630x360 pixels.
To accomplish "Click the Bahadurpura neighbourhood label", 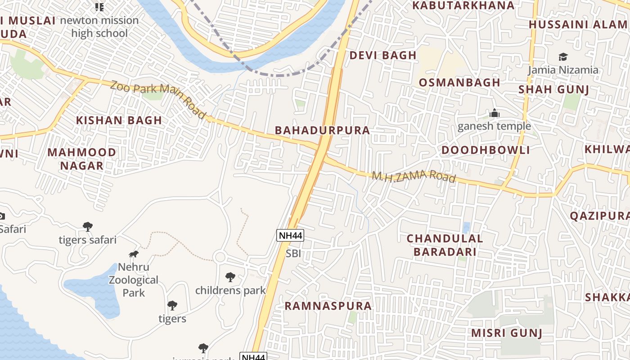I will (x=322, y=130).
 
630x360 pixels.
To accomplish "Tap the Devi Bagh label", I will (x=383, y=55).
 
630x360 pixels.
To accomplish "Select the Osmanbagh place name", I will (x=459, y=82).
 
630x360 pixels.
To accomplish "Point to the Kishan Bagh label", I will (x=119, y=120).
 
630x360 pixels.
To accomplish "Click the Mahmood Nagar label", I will (x=81, y=159).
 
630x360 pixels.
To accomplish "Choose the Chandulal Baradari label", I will (x=445, y=245).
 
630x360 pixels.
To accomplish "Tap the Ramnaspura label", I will (x=328, y=306).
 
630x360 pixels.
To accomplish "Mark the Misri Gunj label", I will (x=506, y=333).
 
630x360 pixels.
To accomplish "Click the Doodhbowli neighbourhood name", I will (x=486, y=150).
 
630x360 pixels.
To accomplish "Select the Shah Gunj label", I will (x=553, y=89).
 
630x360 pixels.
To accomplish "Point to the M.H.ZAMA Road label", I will (x=414, y=176).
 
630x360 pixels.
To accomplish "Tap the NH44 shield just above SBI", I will (x=290, y=235).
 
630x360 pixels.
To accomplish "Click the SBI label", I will (x=293, y=254).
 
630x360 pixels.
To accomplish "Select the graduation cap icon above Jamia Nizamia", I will (x=563, y=57).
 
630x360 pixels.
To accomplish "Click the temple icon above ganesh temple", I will (x=495, y=113).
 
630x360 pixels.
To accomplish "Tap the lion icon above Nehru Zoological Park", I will (x=134, y=254).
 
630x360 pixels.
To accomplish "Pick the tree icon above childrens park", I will (x=230, y=277).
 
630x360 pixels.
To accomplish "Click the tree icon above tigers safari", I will (x=88, y=226).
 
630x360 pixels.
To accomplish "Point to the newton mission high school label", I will (x=99, y=27).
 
